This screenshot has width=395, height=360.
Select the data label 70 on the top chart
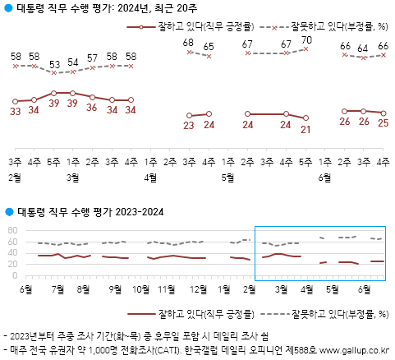[x=307, y=39]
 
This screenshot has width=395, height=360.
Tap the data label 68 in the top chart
[x=189, y=42]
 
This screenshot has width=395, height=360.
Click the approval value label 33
[x=15, y=111]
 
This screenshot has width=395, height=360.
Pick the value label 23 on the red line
[x=189, y=126]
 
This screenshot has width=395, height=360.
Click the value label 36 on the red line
[x=93, y=108]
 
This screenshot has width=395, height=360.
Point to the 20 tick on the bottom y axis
[x=12, y=264]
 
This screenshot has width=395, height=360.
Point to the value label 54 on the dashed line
[x=73, y=62]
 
